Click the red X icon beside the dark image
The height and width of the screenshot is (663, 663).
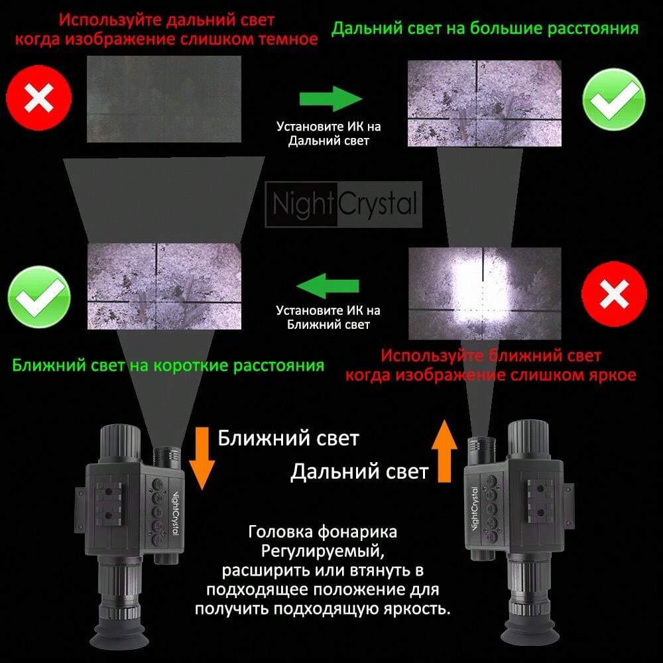click(x=39, y=99)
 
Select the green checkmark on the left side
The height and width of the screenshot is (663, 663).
click(x=39, y=297)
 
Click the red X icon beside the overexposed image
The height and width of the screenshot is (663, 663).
click(x=614, y=294)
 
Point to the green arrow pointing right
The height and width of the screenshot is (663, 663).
click(x=331, y=99)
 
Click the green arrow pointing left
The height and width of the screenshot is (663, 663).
click(x=328, y=285)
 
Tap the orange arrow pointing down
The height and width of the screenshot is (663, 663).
click(x=202, y=458)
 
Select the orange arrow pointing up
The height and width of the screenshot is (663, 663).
click(x=444, y=451)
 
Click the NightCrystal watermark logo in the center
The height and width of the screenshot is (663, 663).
click(x=343, y=204)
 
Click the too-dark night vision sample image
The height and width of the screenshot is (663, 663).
click(x=164, y=99)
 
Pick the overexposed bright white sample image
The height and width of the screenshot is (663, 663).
click(x=485, y=294)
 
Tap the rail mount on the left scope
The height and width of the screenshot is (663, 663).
click(x=109, y=504)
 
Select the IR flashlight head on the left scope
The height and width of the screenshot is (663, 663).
click(x=168, y=457)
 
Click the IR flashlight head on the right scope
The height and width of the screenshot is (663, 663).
click(x=481, y=450)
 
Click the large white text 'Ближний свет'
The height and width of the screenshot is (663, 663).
click(x=288, y=438)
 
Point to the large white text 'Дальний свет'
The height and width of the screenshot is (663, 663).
click(x=359, y=471)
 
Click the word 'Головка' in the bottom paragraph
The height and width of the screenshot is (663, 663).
click(x=280, y=532)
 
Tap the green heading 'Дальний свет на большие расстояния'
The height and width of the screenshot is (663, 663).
click(x=485, y=29)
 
